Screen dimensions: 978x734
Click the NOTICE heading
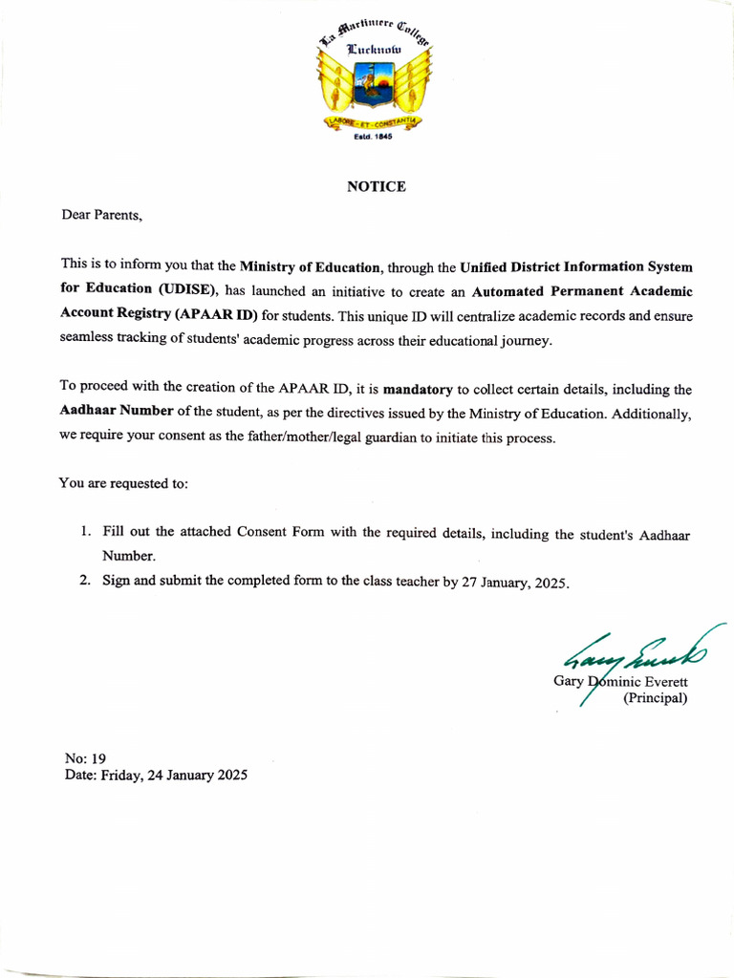point(376,186)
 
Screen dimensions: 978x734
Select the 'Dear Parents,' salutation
point(102,215)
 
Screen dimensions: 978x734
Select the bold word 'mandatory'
point(417,390)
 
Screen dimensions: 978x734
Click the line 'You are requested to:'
point(124,483)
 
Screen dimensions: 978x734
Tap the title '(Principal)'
point(655,698)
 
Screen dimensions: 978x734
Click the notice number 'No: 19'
point(85,758)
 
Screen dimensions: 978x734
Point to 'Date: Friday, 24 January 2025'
point(156,776)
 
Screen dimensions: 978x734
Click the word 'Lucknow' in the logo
point(374,48)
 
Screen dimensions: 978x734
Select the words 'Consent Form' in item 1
point(281,532)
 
